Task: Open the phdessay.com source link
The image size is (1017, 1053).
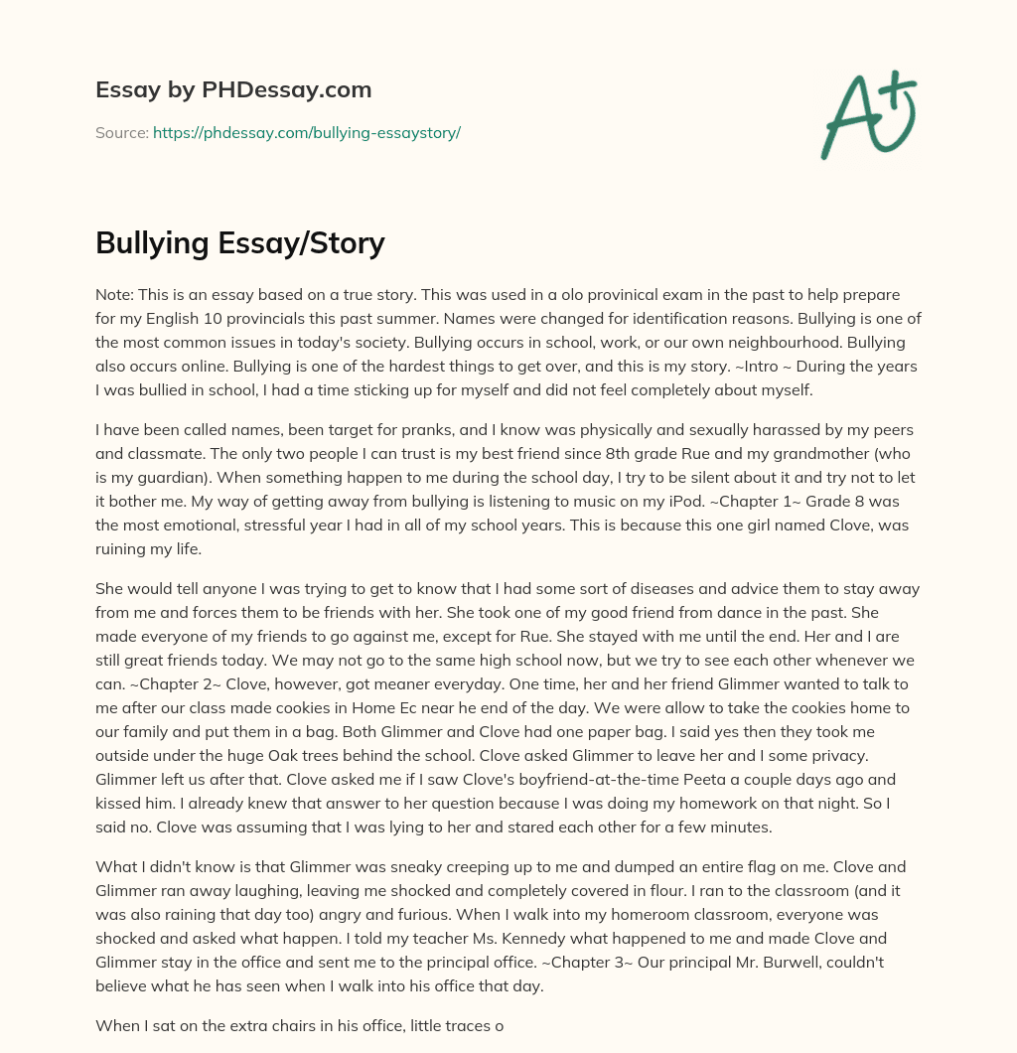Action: [306, 132]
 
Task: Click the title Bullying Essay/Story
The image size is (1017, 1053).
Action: [239, 243]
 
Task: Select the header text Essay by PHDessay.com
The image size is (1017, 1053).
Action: [233, 89]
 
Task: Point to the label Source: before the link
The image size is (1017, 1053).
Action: [121, 132]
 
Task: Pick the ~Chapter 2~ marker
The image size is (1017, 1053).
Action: [147, 684]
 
